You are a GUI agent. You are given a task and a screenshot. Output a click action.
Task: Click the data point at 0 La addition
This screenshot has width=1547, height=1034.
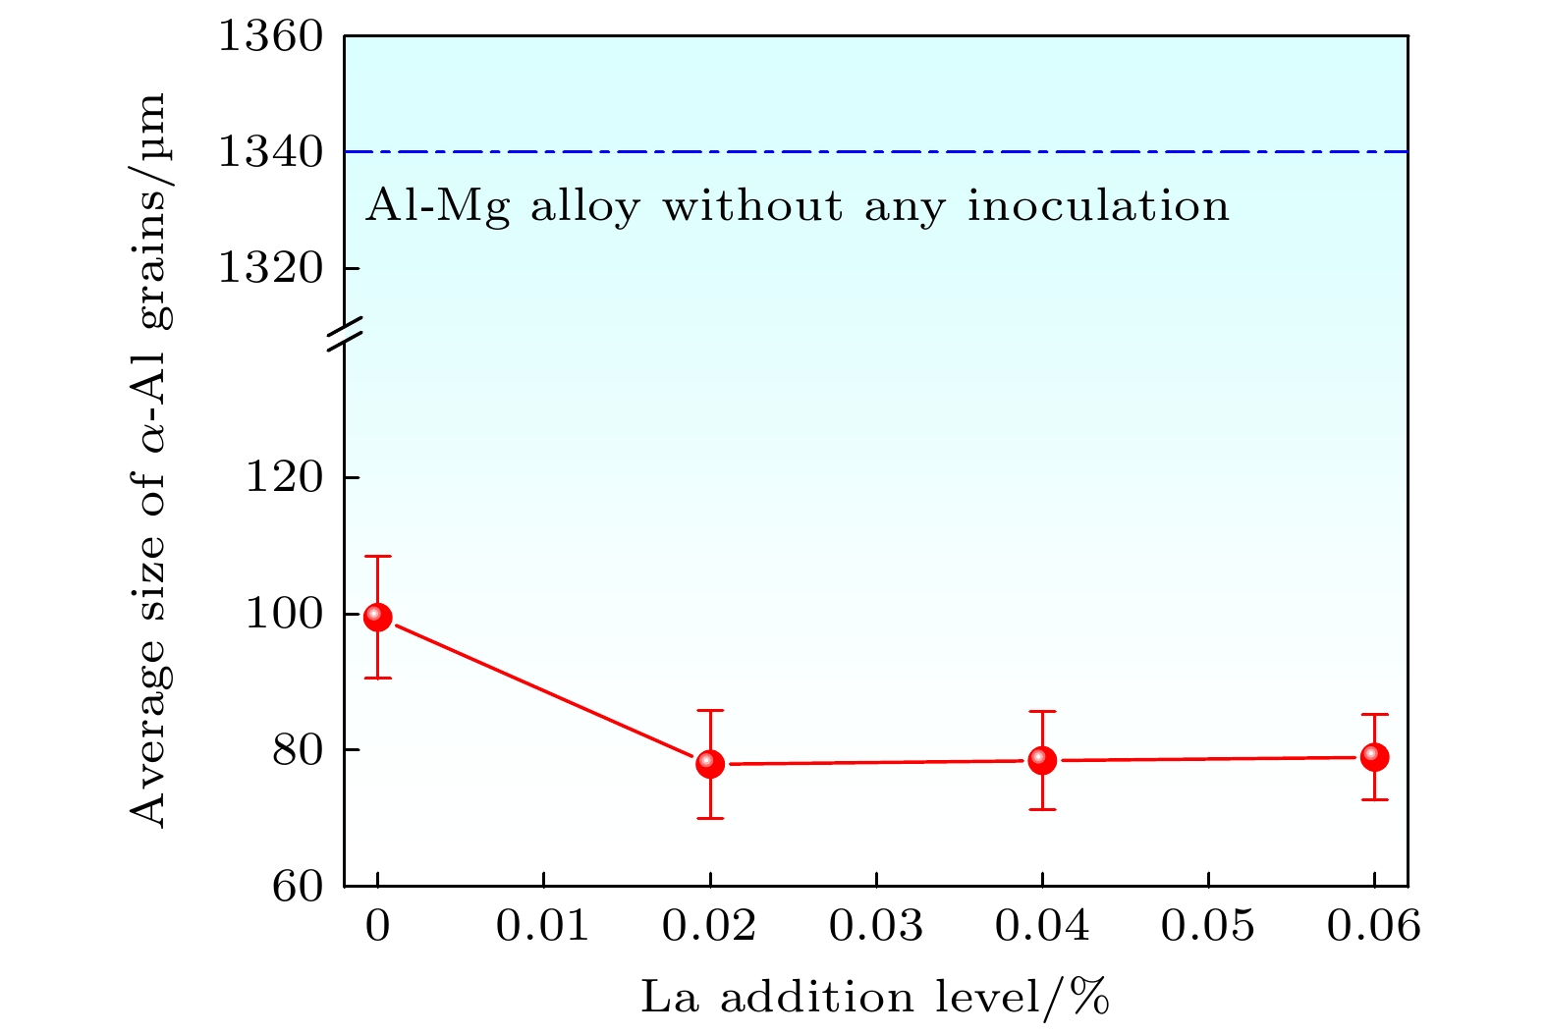[378, 617]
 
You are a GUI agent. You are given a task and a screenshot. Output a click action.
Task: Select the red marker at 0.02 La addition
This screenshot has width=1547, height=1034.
[710, 763]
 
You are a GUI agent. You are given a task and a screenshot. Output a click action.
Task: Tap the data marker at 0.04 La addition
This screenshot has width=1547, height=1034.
[1042, 759]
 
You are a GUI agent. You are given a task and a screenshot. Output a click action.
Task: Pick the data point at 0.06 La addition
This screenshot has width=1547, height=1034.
[1374, 756]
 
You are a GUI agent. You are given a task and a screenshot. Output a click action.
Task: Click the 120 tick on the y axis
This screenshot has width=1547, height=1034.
[285, 478]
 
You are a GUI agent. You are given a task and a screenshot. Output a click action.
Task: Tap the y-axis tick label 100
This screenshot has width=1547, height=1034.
[285, 614]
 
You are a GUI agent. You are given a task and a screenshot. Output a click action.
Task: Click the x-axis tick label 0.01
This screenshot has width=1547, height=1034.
[543, 926]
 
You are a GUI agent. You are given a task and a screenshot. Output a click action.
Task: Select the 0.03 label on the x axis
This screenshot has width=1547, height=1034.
[875, 926]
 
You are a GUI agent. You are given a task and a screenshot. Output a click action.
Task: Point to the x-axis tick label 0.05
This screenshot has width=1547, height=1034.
[1207, 926]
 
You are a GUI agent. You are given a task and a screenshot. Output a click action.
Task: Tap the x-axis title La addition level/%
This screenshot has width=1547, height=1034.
[875, 997]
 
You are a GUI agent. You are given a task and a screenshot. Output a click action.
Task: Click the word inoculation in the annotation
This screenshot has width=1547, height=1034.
[1098, 207]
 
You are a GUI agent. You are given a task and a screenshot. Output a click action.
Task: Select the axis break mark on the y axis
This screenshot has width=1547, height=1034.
[345, 334]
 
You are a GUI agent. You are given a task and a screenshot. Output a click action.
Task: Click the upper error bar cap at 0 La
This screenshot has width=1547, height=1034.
[378, 557]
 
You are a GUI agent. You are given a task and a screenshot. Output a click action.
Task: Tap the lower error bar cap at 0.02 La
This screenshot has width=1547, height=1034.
[710, 818]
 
